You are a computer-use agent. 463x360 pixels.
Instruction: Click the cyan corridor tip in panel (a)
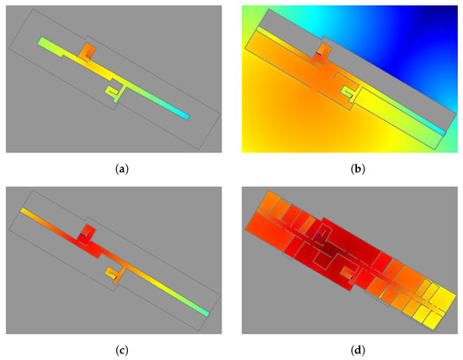(182, 115)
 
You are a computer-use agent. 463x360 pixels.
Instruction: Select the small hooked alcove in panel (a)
(111, 89)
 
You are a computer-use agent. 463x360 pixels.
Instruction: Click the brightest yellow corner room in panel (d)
(438, 321)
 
